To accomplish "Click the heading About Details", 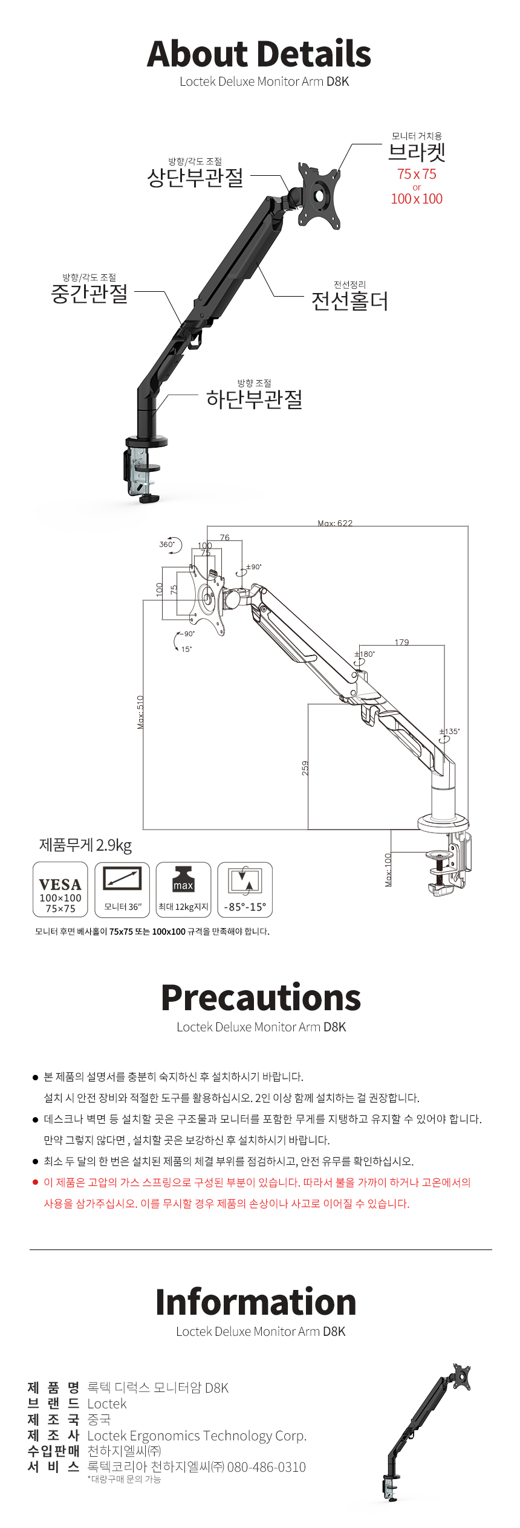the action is pos(259,54).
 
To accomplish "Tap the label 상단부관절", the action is pos(195,178).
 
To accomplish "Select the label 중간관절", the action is pos(89,294).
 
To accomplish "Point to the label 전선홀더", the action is pos(349,301).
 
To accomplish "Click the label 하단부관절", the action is pos(254,399).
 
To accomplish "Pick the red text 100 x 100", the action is pos(417,199).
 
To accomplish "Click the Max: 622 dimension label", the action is pos(335,523).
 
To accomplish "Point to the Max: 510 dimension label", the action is pos(140,712).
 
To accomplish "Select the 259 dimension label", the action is pos(305,767).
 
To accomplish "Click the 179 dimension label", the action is pos(401,642).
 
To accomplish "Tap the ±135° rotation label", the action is pos(449,731).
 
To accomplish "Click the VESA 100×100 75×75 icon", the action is pos(60,889).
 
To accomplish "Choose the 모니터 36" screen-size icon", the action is pos(122,889).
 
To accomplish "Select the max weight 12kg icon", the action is pos(183,889).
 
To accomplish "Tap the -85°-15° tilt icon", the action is pos(245,889).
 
